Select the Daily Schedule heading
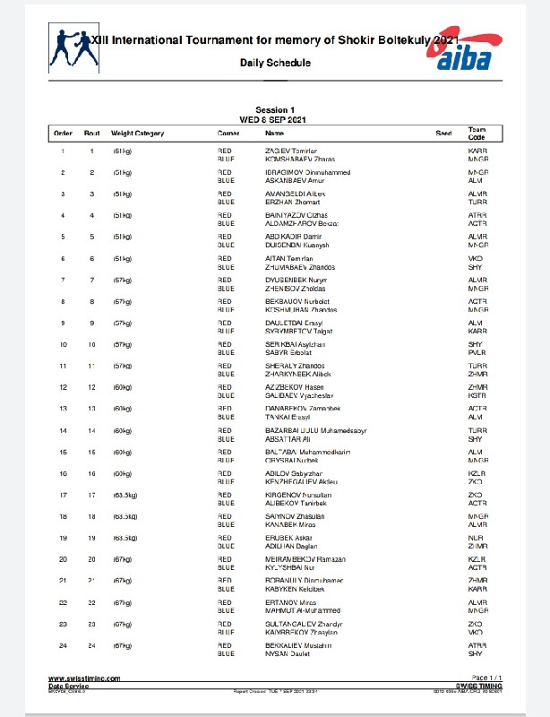[x=275, y=63]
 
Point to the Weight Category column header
[x=137, y=134]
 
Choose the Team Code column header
[x=477, y=134]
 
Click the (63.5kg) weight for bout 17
[x=125, y=495]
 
